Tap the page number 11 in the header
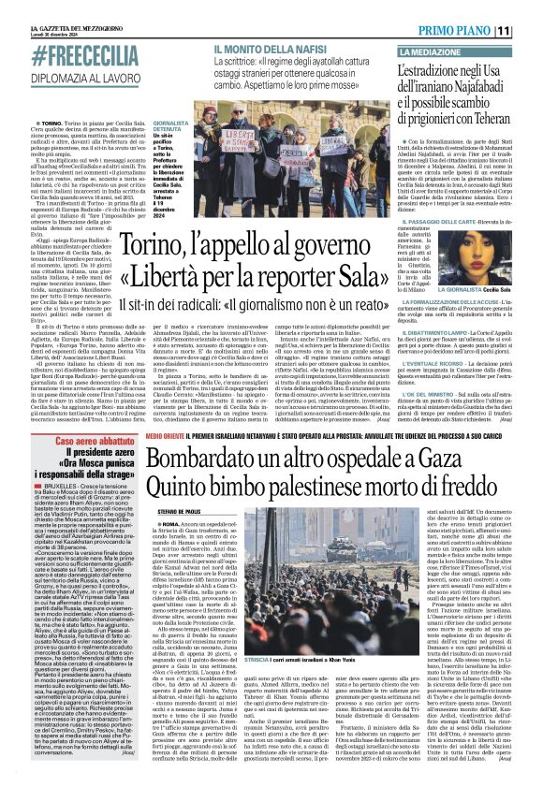point(529,31)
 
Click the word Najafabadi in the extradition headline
point(475,93)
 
